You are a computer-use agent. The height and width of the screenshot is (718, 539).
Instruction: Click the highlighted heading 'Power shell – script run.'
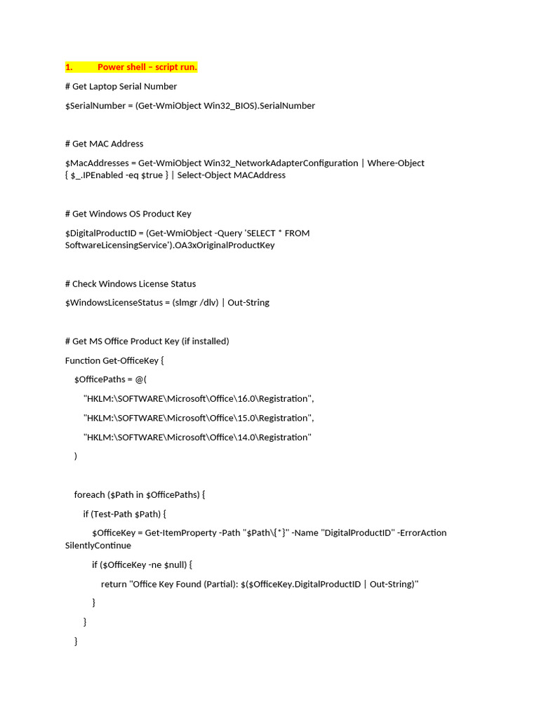tap(147, 67)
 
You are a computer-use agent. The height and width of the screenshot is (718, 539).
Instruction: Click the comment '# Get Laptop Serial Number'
tap(121, 86)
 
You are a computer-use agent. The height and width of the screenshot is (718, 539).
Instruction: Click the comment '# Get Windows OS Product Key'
tap(128, 214)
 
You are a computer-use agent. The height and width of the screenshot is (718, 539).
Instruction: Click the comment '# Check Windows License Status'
tap(131, 284)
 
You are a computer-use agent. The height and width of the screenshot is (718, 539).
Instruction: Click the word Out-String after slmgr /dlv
tap(248, 303)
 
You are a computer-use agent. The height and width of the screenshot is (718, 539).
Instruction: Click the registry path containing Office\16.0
tap(199, 399)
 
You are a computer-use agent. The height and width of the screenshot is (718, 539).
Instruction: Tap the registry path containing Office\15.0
tap(199, 418)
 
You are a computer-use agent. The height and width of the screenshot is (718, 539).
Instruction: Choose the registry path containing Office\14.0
tap(197, 438)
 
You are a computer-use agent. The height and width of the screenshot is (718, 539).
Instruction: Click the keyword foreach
tap(89, 494)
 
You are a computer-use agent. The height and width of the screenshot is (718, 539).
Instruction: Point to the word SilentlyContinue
tap(98, 546)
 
